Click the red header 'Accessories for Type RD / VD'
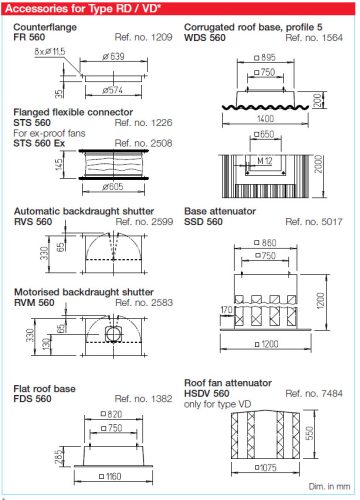83,8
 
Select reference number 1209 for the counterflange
143,37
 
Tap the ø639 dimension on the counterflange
113,56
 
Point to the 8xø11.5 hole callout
50,52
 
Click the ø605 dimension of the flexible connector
113,187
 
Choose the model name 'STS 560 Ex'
39,143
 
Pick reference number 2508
143,143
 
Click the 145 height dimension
58,164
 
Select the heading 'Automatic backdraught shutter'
84,211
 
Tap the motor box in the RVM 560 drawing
114,333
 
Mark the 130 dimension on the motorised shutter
47,343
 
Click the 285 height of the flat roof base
59,457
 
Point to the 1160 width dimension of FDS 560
110,476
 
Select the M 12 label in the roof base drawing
265,161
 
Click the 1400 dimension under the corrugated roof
265,119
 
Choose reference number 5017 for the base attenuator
314,222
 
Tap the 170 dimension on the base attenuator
227,310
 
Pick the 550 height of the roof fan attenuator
310,433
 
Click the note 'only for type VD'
217,404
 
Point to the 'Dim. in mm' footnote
329,487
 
